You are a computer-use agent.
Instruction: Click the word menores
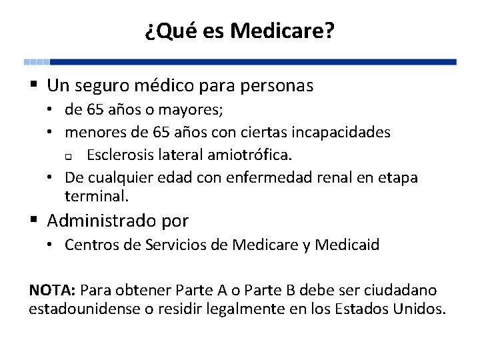(x=93, y=132)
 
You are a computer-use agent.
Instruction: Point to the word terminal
(x=96, y=196)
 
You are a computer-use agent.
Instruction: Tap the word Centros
(x=91, y=245)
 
